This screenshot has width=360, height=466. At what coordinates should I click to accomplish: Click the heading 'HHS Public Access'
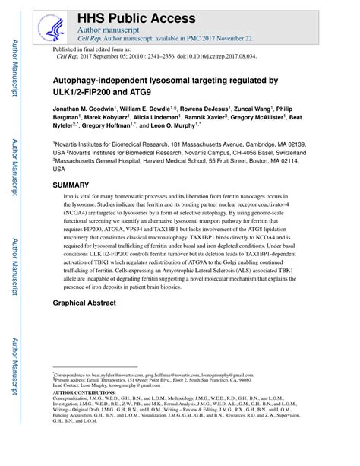(x=135, y=17)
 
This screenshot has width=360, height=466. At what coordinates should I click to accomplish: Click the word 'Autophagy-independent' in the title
(x=102, y=80)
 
